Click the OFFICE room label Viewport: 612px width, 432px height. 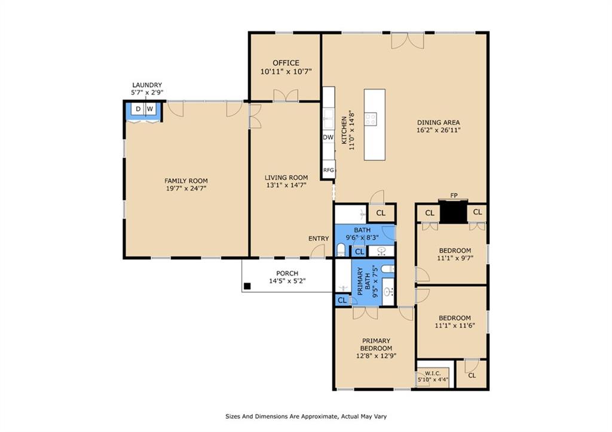pos(286,63)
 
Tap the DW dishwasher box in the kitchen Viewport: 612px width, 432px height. pos(328,137)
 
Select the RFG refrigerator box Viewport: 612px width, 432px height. pos(329,170)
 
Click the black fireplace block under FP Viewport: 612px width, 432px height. pos(453,212)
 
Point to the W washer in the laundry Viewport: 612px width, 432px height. pos(151,109)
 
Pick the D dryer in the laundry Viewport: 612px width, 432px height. pos(138,109)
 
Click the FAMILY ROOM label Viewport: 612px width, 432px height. pos(186,180)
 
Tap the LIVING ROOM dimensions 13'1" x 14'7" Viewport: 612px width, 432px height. pos(286,185)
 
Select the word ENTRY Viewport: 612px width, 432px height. pos(319,238)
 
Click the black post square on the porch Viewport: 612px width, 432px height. pos(247,286)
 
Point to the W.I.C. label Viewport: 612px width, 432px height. pos(433,373)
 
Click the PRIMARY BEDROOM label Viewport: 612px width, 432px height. pos(376,344)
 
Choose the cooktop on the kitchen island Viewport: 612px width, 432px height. pos(371,119)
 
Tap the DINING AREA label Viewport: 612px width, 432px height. pos(438,122)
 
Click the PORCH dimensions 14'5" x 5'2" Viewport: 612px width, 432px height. pos(287,281)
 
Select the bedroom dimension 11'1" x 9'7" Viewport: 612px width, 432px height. pos(455,258)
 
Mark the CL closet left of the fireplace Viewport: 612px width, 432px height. pos(429,213)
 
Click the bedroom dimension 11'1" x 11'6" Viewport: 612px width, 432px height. pos(455,325)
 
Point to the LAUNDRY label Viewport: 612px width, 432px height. pos(147,85)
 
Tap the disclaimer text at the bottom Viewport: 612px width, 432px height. pos(306,416)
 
